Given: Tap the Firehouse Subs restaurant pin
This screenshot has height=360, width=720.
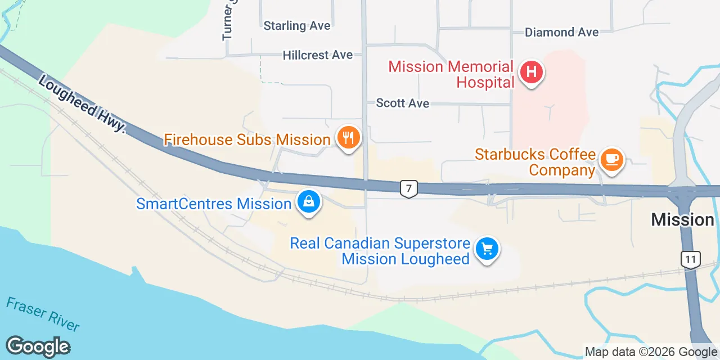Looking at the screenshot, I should coord(348,136).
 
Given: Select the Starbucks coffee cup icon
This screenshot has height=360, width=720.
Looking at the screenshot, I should coord(611,159).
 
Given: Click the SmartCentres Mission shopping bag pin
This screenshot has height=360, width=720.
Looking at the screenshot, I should coord(308,201).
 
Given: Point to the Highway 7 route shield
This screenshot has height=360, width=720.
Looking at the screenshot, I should coord(409,188).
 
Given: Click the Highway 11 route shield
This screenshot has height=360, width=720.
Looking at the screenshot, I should coord(690,259).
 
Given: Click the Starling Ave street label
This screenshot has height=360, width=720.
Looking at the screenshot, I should coord(297,26).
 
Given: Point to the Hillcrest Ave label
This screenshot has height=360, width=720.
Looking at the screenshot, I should coord(318,55).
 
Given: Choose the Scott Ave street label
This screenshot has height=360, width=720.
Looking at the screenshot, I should coord(402,103).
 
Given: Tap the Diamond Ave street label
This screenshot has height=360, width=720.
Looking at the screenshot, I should coord(561,33).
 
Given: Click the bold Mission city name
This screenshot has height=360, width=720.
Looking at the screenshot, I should coord(682,220).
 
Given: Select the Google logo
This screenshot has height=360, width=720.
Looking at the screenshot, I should coord(38,346).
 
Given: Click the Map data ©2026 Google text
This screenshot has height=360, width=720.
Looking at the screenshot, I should coord(651,352).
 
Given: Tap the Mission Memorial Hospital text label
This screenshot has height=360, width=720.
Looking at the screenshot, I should coord(451,74).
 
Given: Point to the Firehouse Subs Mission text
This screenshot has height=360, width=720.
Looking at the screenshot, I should coord(247,139).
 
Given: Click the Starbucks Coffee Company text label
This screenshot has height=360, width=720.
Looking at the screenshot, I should coord(535,161).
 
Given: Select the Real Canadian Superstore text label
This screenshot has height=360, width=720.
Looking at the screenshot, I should coord(380,251).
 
